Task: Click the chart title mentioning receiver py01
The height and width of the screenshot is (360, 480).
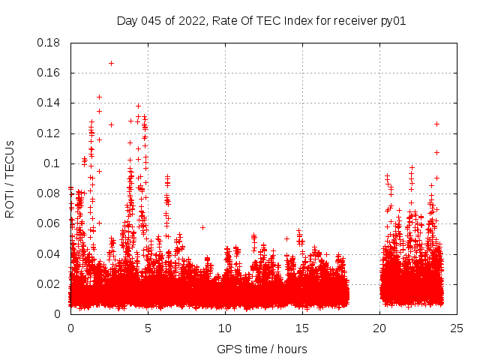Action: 261,20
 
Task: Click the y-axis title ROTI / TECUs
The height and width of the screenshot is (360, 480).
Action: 10,178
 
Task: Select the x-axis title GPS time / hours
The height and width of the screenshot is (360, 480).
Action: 262,349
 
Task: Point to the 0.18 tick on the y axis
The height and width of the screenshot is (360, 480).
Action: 49,43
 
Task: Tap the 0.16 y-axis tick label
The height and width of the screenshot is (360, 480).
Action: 49,73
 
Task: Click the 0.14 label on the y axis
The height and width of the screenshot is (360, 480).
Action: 49,103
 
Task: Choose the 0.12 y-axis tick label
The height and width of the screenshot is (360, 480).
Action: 49,133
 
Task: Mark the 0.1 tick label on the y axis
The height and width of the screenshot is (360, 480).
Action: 52,163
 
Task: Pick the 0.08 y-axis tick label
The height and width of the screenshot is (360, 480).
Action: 49,193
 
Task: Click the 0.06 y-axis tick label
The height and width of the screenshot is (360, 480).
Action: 49,223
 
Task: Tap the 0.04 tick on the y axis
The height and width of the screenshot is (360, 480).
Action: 49,253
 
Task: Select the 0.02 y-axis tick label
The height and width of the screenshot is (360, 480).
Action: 49,283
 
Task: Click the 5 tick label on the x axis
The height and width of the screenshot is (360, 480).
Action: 148,328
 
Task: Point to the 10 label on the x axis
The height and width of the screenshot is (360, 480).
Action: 225,328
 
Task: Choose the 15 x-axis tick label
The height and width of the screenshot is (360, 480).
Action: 302,328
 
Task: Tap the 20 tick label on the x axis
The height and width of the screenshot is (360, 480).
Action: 379,328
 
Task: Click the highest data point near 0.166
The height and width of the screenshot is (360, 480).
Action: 111,63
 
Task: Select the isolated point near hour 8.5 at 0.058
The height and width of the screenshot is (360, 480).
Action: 202,226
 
